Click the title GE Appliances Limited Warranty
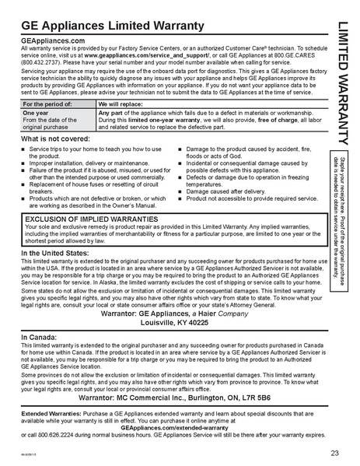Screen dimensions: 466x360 [114, 25]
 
